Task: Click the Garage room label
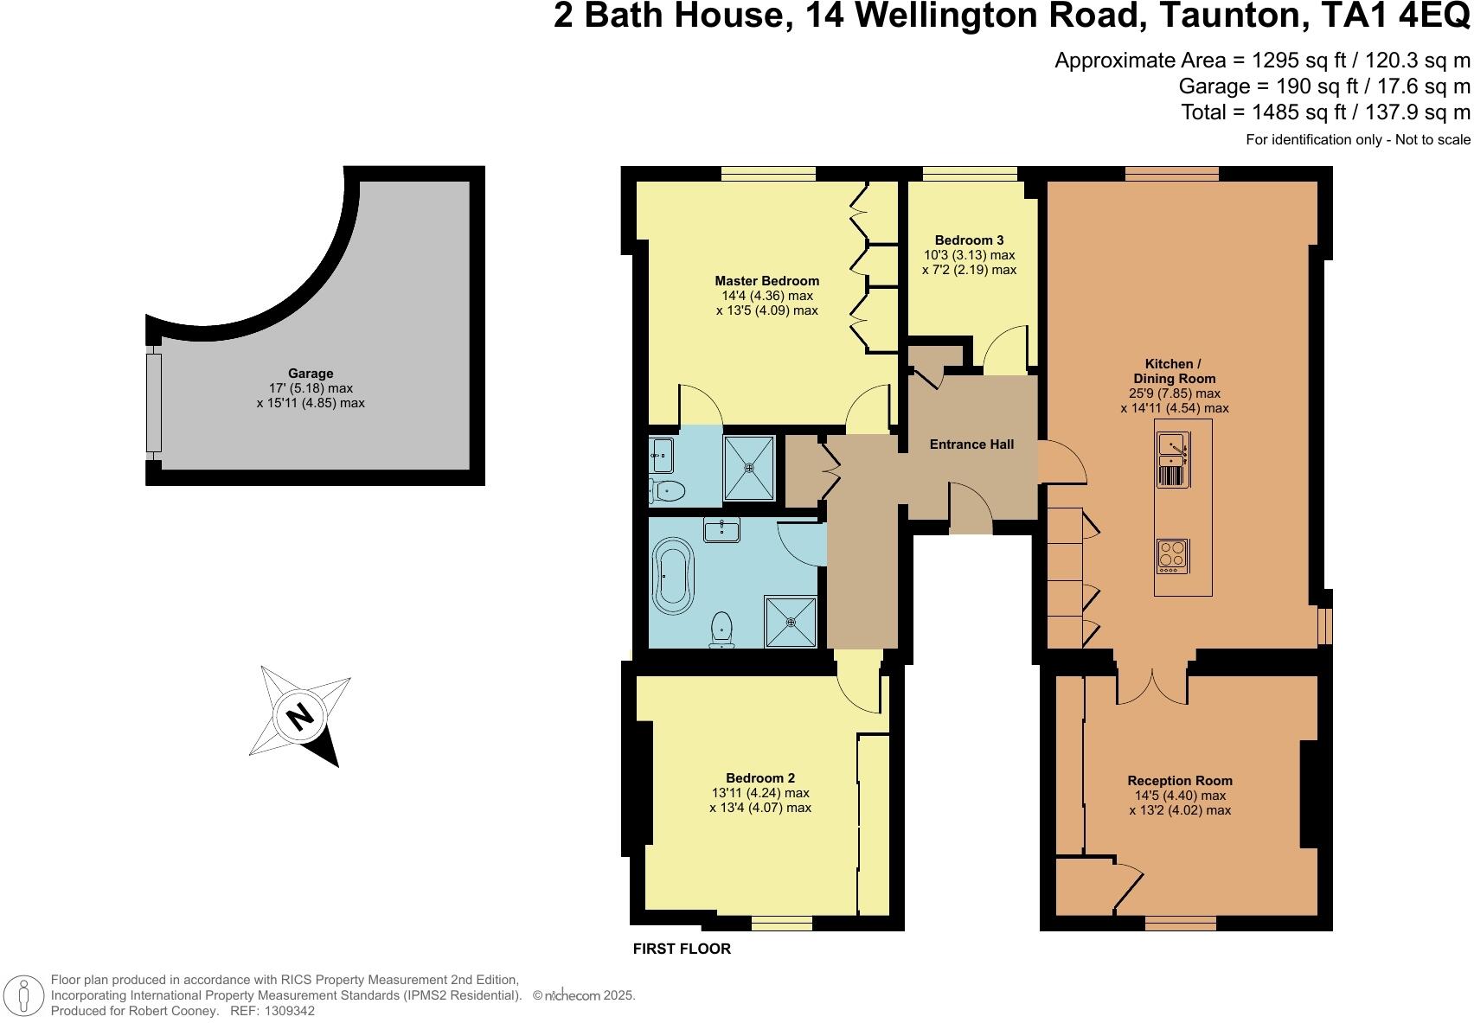(311, 373)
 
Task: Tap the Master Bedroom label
(766, 281)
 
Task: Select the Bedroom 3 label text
(970, 240)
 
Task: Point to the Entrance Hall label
(971, 444)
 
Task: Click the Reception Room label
(1180, 780)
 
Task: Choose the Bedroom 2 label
(760, 777)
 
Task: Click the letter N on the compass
(300, 716)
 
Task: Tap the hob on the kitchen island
(1172, 555)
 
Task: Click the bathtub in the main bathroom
(672, 577)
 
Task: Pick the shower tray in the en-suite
(749, 468)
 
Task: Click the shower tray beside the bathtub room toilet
(791, 622)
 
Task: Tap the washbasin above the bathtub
(722, 529)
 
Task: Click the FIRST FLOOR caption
(682, 949)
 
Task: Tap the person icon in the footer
(24, 995)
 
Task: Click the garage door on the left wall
(153, 403)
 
